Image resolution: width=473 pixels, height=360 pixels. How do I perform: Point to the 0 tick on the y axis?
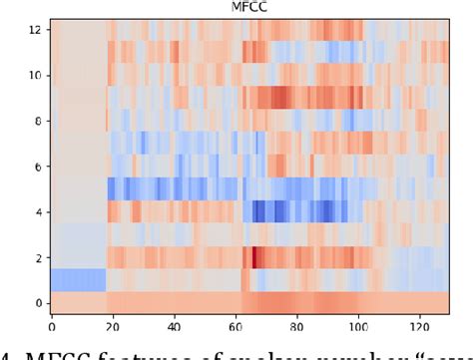click(x=37, y=302)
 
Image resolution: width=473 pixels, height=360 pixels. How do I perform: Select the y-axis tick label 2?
click(x=37, y=257)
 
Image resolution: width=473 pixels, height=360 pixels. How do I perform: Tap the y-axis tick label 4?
click(x=37, y=211)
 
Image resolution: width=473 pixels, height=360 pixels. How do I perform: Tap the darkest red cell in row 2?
click(x=255, y=257)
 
